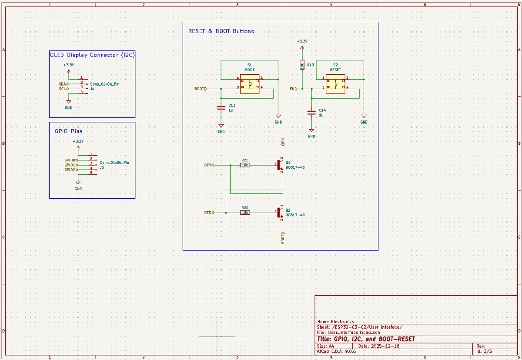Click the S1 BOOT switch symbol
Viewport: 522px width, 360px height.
[250, 84]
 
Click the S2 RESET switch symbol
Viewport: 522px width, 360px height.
[335, 84]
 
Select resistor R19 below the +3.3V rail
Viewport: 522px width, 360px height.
[302, 66]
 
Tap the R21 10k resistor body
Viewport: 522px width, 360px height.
[245, 165]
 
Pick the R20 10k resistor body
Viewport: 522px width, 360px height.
[245, 213]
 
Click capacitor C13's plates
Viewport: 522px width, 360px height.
[221, 108]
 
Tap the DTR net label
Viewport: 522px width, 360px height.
[207, 165]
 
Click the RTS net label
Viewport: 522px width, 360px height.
[207, 213]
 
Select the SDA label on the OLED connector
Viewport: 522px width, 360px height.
[62, 84]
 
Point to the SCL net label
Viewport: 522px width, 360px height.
[62, 89]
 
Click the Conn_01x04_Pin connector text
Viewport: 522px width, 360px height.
[105, 84]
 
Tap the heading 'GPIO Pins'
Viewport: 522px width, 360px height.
[68, 131]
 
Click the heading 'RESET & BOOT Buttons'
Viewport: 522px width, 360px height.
[221, 31]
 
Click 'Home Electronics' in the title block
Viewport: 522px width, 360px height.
[335, 322]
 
